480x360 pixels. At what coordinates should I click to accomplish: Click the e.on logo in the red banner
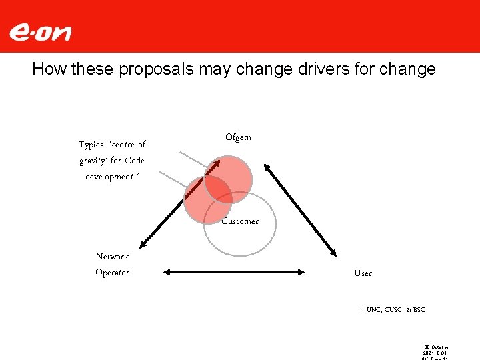tap(40, 32)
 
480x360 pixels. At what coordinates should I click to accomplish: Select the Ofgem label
tap(238, 137)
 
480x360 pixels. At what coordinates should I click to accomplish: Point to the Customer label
tap(240, 221)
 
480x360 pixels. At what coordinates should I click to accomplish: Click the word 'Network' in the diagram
tap(112, 256)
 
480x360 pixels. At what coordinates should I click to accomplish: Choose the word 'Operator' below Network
tap(112, 272)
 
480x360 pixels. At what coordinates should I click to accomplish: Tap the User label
tap(363, 273)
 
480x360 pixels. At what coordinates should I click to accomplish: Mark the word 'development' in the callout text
tap(109, 177)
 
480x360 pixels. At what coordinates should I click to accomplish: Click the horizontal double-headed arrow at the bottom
tap(234, 271)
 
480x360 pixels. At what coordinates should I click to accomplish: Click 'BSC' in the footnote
tap(419, 310)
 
